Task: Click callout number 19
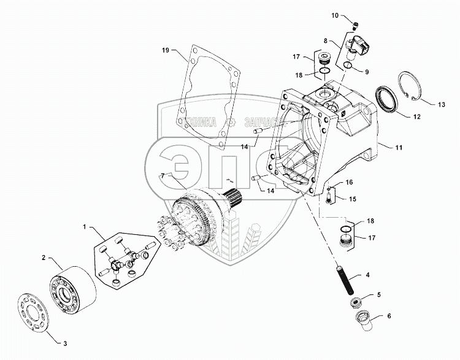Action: (165, 48)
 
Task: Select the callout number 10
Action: (352, 15)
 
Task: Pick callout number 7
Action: (163, 176)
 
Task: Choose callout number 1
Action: (85, 228)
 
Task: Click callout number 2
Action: (44, 258)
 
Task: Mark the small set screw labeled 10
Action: (356, 25)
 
